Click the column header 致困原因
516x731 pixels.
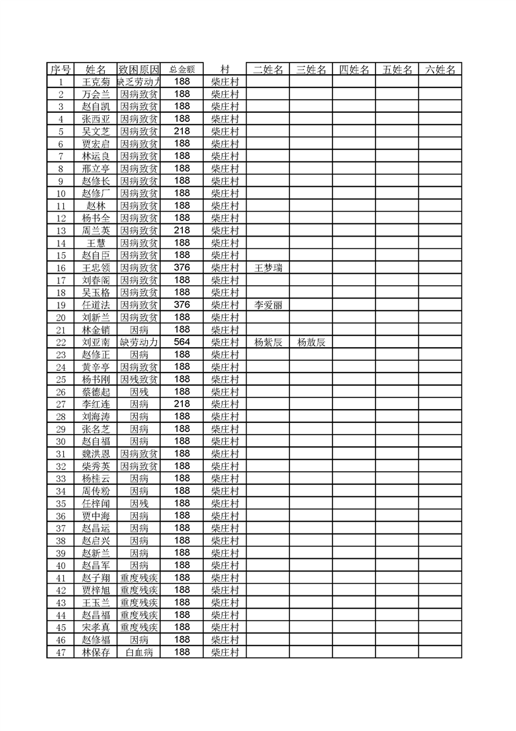pos(139,70)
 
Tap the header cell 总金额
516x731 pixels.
pos(182,70)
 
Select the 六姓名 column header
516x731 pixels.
pos(440,70)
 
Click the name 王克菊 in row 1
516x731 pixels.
pos(96,82)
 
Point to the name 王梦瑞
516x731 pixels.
pos(268,268)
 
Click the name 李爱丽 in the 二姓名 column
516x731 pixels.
pos(268,305)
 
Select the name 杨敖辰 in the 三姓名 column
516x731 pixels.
pos(311,342)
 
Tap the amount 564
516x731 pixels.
pos(182,342)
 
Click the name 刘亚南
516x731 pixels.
pos(96,342)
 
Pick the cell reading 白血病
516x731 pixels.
pos(139,652)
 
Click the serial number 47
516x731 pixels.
pos(61,652)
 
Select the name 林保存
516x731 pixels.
pos(96,652)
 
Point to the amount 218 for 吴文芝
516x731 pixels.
pos(182,132)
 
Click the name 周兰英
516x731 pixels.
pos(96,231)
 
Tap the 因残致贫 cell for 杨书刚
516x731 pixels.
pos(139,379)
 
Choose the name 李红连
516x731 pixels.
pos(96,404)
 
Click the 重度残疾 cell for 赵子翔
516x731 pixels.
pos(139,578)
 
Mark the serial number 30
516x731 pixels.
pos(61,441)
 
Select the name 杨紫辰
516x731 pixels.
pos(268,342)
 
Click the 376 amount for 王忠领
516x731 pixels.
pos(182,268)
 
